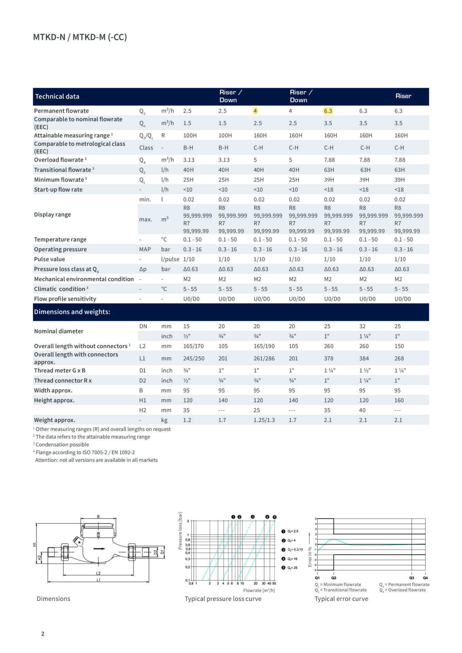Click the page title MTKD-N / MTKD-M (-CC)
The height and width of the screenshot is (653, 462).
(x=80, y=37)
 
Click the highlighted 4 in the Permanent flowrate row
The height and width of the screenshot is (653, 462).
(x=255, y=111)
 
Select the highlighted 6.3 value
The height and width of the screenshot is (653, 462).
(x=328, y=111)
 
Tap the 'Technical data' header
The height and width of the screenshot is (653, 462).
(x=57, y=97)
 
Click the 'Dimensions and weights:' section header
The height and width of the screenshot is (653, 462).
(x=72, y=312)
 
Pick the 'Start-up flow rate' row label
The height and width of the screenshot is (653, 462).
(x=58, y=189)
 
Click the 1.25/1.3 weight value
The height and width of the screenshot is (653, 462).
(x=264, y=420)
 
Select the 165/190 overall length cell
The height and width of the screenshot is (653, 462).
(x=264, y=346)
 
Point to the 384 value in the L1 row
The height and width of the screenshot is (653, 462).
(x=364, y=358)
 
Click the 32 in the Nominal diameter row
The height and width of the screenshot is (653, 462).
(x=362, y=326)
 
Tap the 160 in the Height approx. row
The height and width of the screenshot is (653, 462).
(x=399, y=400)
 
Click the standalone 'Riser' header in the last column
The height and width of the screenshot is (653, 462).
(x=403, y=96)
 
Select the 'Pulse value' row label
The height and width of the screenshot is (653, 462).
(x=49, y=259)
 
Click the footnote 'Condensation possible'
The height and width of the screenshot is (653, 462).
(x=62, y=445)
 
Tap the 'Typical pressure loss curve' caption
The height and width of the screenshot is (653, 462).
(x=223, y=599)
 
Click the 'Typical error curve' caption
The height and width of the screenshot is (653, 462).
(x=341, y=599)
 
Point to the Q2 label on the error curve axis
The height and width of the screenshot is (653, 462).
(x=334, y=578)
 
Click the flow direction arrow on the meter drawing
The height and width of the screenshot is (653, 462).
(x=99, y=548)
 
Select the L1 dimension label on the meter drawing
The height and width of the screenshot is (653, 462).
(x=98, y=580)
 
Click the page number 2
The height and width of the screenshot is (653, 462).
(x=43, y=634)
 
